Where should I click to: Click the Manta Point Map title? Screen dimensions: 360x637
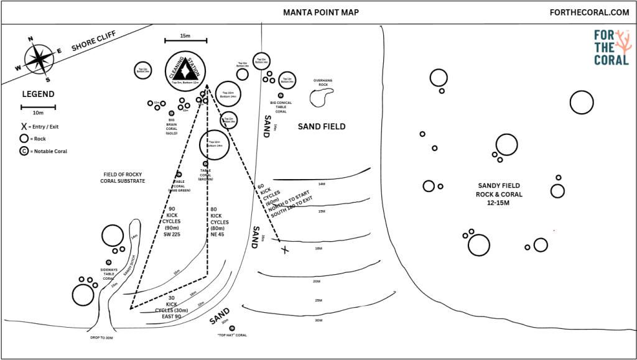(321, 12)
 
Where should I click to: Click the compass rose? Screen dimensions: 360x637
(38, 59)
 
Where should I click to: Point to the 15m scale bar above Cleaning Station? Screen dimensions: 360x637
(185, 41)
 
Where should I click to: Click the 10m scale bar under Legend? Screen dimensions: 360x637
(38, 107)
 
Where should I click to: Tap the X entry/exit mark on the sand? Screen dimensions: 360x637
(285, 250)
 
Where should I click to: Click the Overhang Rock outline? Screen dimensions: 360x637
(322, 96)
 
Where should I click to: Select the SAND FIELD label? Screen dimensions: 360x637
(321, 126)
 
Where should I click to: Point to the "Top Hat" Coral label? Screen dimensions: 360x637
(232, 335)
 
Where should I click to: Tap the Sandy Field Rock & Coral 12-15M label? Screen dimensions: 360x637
(499, 194)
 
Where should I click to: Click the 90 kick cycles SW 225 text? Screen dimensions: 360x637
(172, 222)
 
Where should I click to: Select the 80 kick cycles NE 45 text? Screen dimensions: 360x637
(218, 222)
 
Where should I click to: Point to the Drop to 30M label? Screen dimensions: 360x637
(101, 338)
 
